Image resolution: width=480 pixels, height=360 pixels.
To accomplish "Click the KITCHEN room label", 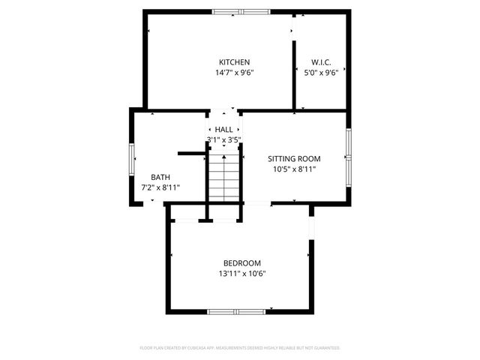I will tap(234, 62).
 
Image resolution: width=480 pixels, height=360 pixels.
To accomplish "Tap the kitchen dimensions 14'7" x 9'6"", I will tap(234, 73).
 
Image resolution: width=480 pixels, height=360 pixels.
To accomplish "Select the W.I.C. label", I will tap(321, 62).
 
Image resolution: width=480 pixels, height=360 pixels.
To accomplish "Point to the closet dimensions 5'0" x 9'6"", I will tap(321, 73).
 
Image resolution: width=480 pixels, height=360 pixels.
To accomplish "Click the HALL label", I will tap(223, 130).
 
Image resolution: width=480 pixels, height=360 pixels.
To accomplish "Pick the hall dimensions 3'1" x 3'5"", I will tap(223, 139).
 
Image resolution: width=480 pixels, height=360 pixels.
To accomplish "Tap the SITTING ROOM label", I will tap(294, 159).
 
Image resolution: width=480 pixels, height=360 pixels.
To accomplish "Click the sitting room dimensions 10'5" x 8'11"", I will tap(294, 169).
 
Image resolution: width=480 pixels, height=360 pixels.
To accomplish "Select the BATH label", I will tap(160, 177).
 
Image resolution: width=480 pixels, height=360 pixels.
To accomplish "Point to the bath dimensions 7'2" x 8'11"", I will tap(160, 187).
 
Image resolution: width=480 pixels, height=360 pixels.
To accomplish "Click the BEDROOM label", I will tap(241, 263).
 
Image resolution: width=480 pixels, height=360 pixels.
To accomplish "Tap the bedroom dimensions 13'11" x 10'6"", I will tap(241, 274).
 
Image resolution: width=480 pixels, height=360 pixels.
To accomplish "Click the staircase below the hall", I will tap(223, 177).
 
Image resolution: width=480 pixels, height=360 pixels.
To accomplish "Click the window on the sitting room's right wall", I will tap(349, 156).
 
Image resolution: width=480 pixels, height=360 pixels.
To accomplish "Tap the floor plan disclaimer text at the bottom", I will tap(240, 348).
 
